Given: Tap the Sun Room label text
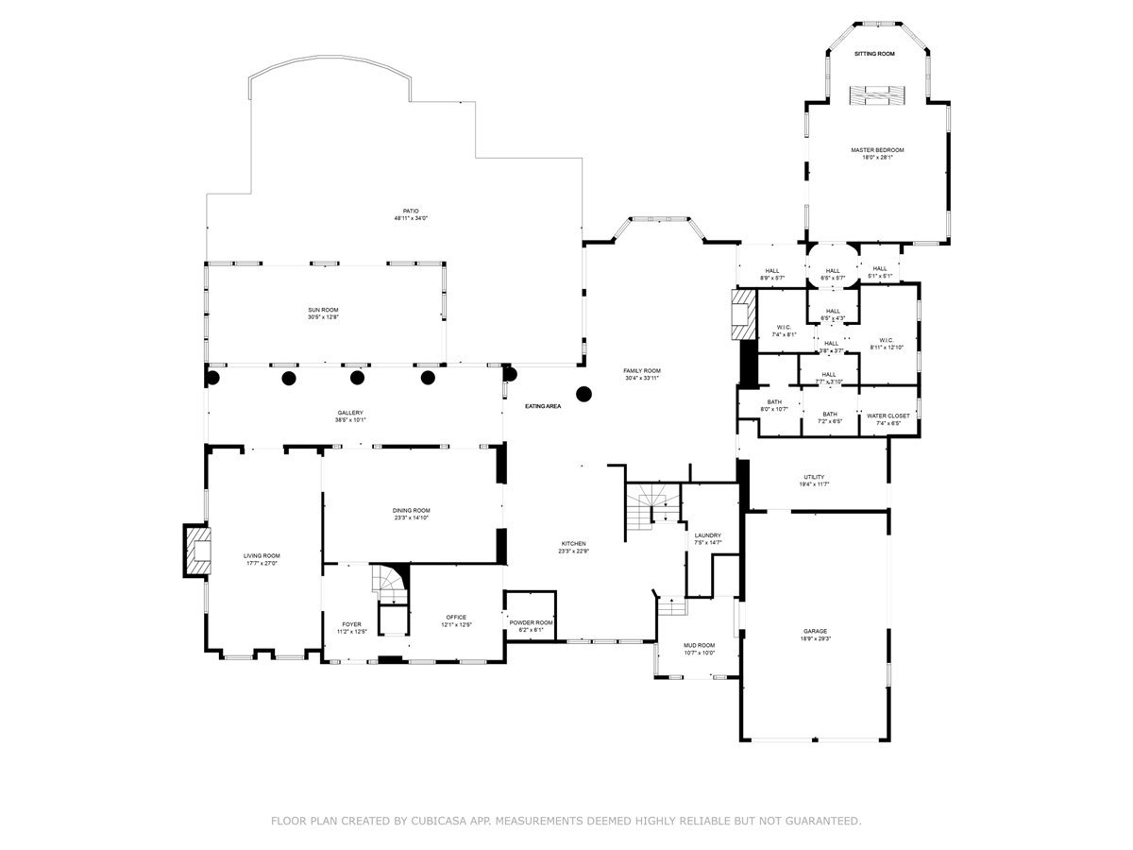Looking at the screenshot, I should point(323,314).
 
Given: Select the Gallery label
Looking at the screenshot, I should point(350,416).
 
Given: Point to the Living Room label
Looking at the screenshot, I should point(263,559).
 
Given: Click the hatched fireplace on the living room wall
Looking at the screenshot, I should point(197,550).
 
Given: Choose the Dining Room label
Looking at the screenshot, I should point(412,514).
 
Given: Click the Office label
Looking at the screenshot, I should point(456,620).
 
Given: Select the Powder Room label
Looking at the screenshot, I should point(531,626).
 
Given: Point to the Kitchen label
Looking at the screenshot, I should point(574,547).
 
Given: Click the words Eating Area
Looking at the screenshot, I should point(543,406).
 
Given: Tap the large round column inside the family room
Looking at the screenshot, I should point(584,393).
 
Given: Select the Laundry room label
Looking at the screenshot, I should point(708,538).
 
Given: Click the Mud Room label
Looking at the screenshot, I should point(700,648).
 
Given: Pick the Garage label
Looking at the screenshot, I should point(815,635).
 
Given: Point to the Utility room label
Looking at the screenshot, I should point(814,480).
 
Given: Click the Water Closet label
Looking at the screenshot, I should point(888,418).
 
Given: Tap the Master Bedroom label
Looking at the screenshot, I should point(877,153).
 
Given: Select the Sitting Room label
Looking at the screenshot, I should point(874,54).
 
